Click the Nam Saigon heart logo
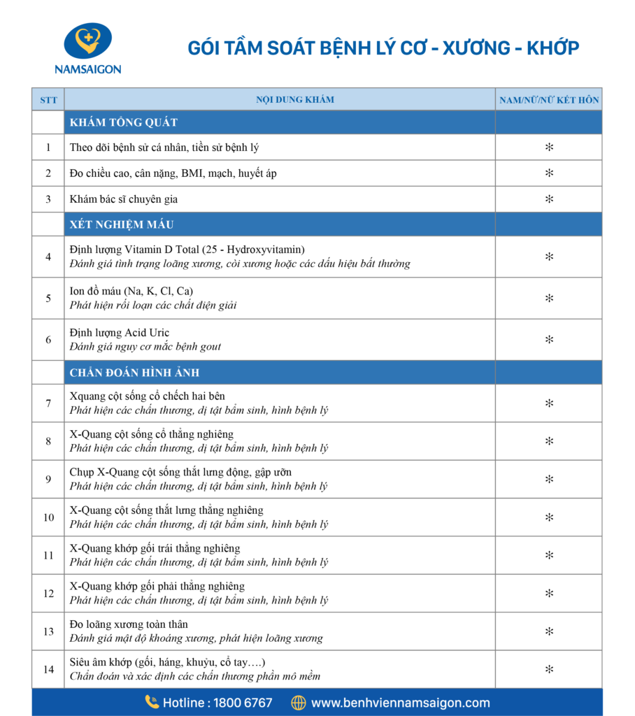pos(87,41)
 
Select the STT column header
pos(48,100)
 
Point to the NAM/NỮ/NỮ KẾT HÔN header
pos(549,100)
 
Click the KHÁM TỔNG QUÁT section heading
pos(123,123)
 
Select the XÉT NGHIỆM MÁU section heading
pos(122,225)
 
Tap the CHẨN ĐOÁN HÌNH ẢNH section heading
pos(134,373)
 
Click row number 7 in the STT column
pos(48,403)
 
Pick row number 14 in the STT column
pos(48,670)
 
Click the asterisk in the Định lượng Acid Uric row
pos(549,340)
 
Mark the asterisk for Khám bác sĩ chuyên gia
pos(549,199)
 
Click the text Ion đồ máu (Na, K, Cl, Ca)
pos(131,291)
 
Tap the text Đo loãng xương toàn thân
pos(129,624)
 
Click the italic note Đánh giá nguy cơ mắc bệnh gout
pos(145,347)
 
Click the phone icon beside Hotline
pos(152,702)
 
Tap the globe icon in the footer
pos(299,702)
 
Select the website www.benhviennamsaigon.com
pos(400,703)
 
